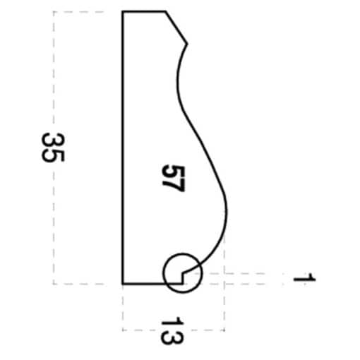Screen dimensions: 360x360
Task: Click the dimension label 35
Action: click(52, 148)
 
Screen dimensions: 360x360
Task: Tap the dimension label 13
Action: click(172, 330)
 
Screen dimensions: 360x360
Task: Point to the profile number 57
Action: click(174, 178)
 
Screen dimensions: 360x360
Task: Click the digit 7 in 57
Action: click(174, 185)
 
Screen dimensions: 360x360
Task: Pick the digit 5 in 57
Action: click(174, 171)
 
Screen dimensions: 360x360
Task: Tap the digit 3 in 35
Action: click(52, 140)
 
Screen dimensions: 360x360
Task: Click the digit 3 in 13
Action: click(172, 337)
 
